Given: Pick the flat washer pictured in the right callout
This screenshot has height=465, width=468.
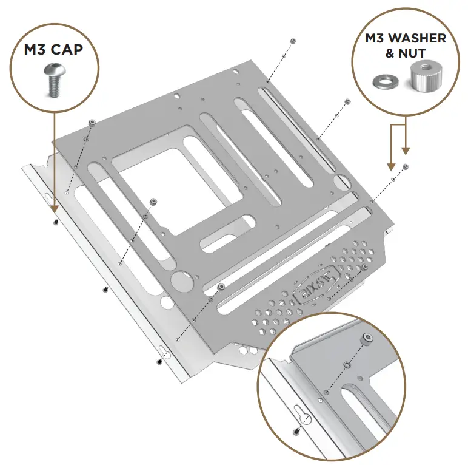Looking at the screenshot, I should tap(383, 81).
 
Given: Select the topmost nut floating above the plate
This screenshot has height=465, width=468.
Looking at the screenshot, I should tap(293, 41).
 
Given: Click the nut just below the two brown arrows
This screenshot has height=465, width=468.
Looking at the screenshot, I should tap(406, 166).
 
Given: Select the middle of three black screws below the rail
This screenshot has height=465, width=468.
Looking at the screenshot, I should tap(105, 290).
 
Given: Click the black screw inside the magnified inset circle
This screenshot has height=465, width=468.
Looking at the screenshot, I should tap(296, 432).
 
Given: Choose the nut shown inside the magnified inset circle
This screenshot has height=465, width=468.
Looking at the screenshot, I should tap(368, 337).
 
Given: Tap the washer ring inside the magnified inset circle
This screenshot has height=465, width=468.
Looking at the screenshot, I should tap(346, 365).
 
